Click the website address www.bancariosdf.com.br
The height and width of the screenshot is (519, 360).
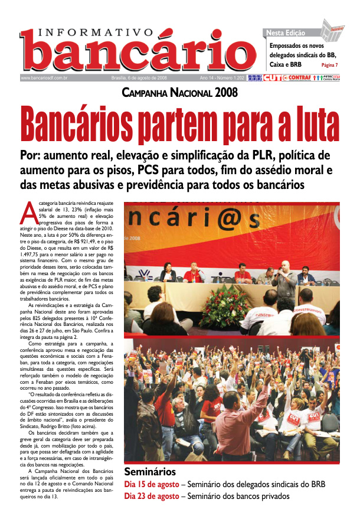click(45, 78)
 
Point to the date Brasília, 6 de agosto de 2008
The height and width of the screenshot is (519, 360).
click(139, 78)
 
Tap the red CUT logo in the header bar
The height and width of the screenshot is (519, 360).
click(273, 78)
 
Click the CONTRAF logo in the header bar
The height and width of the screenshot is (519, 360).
click(297, 78)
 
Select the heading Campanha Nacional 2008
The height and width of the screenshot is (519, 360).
click(179, 93)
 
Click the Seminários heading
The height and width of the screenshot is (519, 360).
click(149, 472)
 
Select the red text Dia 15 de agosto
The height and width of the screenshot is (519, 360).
click(151, 485)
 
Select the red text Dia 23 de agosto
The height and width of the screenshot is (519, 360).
click(151, 497)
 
